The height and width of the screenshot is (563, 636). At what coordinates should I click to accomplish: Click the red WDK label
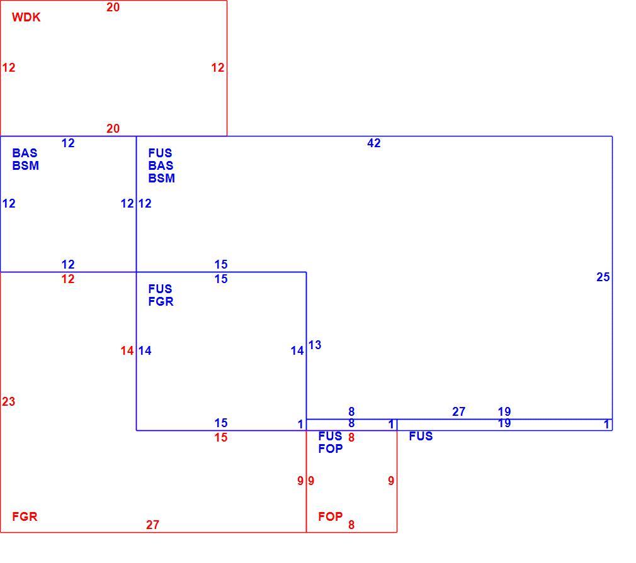tap(26, 18)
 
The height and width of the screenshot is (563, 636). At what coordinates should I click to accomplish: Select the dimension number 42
tap(374, 143)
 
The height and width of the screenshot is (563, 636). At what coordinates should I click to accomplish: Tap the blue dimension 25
tap(603, 277)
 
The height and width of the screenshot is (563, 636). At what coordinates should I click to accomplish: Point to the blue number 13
tap(315, 345)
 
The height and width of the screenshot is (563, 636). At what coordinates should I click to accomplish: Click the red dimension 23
tap(9, 402)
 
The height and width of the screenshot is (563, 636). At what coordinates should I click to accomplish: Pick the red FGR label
tap(25, 517)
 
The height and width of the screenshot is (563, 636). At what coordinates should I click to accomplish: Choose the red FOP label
tap(331, 517)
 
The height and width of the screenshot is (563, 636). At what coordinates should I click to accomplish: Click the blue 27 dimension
tap(459, 412)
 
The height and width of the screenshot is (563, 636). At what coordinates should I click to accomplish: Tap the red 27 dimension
tap(152, 525)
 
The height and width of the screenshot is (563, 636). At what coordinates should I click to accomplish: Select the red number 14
tap(127, 351)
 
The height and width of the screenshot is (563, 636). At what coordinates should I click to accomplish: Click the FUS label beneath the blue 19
tap(421, 436)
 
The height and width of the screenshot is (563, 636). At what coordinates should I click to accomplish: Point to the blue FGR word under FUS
tap(161, 301)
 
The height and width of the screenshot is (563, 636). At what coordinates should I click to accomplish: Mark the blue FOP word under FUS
tap(331, 449)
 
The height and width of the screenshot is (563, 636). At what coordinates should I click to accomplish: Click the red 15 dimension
tap(221, 438)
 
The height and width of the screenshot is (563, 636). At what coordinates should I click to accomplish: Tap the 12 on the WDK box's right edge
tap(218, 68)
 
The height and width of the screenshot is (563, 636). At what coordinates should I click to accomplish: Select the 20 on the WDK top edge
tap(113, 8)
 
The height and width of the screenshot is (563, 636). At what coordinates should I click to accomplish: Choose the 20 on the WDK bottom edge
tap(113, 129)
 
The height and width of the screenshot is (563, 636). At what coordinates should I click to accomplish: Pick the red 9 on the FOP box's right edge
tap(391, 481)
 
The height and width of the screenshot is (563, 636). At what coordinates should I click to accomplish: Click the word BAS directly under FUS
tap(161, 166)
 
